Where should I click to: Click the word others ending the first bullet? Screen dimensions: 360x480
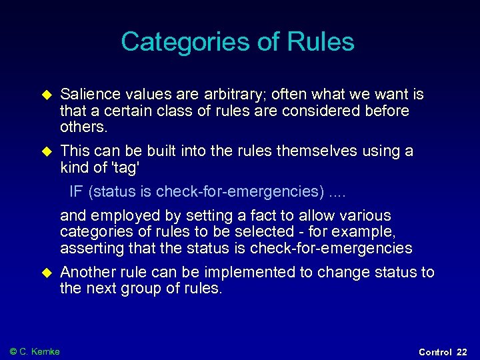84,127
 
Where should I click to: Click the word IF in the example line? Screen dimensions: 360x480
76,192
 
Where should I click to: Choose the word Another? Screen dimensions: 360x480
88,272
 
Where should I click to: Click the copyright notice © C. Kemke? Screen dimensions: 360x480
35,351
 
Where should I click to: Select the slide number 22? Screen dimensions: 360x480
462,352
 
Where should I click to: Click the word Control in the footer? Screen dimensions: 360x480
435,352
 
